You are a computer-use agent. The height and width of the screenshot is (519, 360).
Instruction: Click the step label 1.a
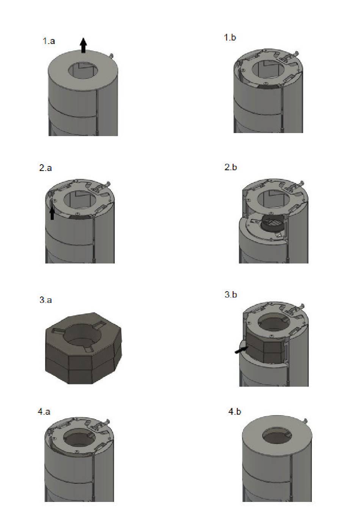(x=49, y=41)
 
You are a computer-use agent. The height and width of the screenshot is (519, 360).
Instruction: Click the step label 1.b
(x=230, y=37)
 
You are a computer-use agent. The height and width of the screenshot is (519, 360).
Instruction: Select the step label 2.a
(x=45, y=168)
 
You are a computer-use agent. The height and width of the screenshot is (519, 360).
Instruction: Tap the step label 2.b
(x=231, y=167)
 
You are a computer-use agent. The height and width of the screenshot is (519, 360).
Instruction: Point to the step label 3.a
(x=45, y=300)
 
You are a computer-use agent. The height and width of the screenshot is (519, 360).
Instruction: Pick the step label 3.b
(x=231, y=295)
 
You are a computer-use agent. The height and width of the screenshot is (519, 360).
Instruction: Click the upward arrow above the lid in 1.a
(x=83, y=45)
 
